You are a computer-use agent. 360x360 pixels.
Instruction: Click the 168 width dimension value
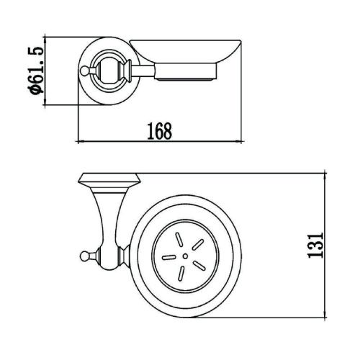(x=160, y=131)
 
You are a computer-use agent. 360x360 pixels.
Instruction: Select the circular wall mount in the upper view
(x=108, y=69)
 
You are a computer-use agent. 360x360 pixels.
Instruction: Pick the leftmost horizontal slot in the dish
(x=168, y=255)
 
